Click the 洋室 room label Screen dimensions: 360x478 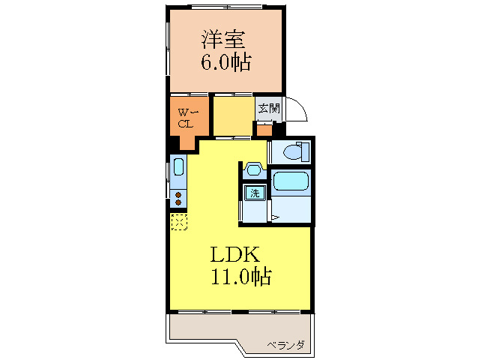[x=224, y=39]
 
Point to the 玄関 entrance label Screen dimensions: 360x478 [x=269, y=108]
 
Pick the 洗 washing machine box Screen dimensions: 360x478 [x=255, y=193]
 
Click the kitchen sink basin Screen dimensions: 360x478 [x=178, y=167]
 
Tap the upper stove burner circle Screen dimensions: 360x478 [x=178, y=193]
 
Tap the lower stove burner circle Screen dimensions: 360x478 [x=178, y=202]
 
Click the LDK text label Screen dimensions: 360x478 [x=234, y=253]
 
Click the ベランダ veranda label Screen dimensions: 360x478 [x=285, y=345]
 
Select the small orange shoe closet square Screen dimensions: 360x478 [x=264, y=129]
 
